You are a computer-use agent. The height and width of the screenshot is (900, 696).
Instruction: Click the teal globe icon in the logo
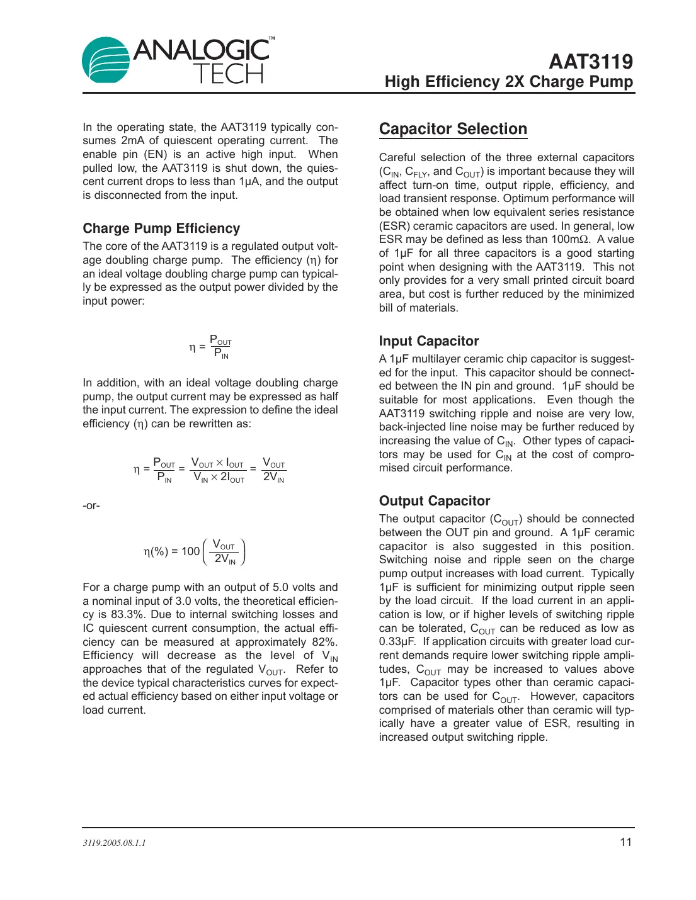coord(105,60)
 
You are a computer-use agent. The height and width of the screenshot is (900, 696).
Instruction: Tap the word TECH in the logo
coord(228,74)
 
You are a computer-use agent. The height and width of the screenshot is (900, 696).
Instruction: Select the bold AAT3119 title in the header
coord(590,62)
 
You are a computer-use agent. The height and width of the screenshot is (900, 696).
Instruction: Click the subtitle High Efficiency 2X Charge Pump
coord(508,82)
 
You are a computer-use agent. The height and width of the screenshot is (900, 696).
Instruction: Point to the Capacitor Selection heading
coord(453,129)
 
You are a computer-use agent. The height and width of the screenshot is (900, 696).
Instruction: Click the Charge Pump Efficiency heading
coord(161,228)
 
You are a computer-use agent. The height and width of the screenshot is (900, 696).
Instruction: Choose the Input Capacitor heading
coord(428,341)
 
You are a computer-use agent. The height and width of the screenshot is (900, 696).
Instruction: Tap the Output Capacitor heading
coord(434,501)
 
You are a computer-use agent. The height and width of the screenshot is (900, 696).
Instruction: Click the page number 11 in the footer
coord(625,842)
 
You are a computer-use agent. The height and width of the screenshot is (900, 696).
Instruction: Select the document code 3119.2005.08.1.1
coord(114,843)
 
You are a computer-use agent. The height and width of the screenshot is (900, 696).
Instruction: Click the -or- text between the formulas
coord(91,505)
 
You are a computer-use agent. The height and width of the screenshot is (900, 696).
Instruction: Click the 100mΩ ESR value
coord(570,239)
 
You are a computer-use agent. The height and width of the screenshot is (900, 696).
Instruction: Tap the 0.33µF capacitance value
coord(397,641)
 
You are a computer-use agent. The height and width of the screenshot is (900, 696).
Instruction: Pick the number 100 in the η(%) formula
coord(190,551)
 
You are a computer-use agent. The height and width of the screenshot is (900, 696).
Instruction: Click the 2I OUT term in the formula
coord(232,478)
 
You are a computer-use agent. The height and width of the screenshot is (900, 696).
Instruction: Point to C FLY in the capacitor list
coord(416,172)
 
